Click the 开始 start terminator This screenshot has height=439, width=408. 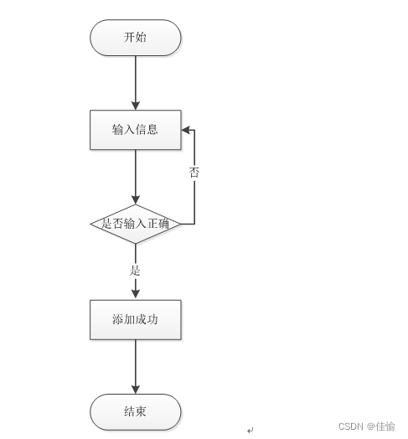pyautogui.click(x=136, y=38)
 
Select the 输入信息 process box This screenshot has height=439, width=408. pyautogui.click(x=136, y=130)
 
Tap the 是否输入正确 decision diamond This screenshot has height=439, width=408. pyautogui.click(x=136, y=224)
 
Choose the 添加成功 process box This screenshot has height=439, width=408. pyautogui.click(x=136, y=320)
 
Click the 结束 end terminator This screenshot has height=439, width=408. pyautogui.click(x=136, y=412)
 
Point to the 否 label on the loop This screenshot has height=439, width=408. pyautogui.click(x=194, y=173)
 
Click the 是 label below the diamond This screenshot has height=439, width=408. pyautogui.click(x=135, y=271)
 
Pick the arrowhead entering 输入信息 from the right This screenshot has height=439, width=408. pyautogui.click(x=186, y=130)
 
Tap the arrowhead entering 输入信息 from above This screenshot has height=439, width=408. pyautogui.click(x=136, y=106)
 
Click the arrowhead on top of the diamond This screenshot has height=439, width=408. pyautogui.click(x=136, y=200)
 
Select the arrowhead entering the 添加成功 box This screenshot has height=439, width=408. pyautogui.click(x=136, y=294)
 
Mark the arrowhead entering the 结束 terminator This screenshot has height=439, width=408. pyautogui.click(x=136, y=390)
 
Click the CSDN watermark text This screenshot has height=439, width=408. pyautogui.click(x=367, y=426)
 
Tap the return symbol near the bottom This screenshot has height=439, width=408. pyautogui.click(x=250, y=430)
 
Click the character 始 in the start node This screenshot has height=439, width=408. pyautogui.click(x=141, y=37)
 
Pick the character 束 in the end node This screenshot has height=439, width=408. pyautogui.click(x=141, y=411)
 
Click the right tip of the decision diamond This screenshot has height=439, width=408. pyautogui.click(x=181, y=224)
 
